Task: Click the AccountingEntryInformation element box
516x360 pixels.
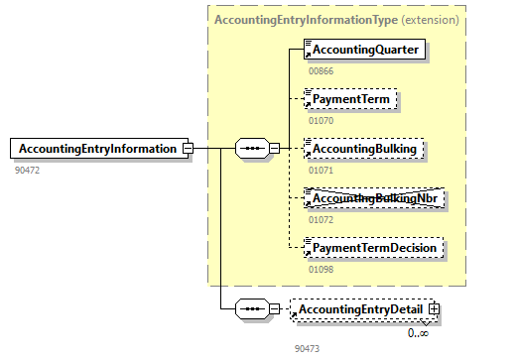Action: click(x=96, y=149)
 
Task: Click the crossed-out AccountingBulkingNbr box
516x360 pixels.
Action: click(x=372, y=198)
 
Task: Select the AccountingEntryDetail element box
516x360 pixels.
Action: click(x=360, y=310)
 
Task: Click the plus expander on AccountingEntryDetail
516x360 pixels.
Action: click(x=433, y=310)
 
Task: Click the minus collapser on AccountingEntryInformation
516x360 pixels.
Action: click(x=187, y=149)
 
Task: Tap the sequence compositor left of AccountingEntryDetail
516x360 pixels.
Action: click(x=252, y=310)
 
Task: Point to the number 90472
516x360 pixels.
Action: click(x=27, y=171)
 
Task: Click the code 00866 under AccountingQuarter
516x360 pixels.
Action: click(x=320, y=70)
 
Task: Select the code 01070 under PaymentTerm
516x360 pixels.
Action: click(x=320, y=121)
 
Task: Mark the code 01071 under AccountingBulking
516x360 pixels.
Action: click(x=320, y=171)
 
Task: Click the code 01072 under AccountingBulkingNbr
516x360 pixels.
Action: click(x=320, y=219)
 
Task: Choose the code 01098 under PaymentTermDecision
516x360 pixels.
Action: click(x=320, y=269)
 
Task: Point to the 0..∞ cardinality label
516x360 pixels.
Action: click(x=418, y=333)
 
